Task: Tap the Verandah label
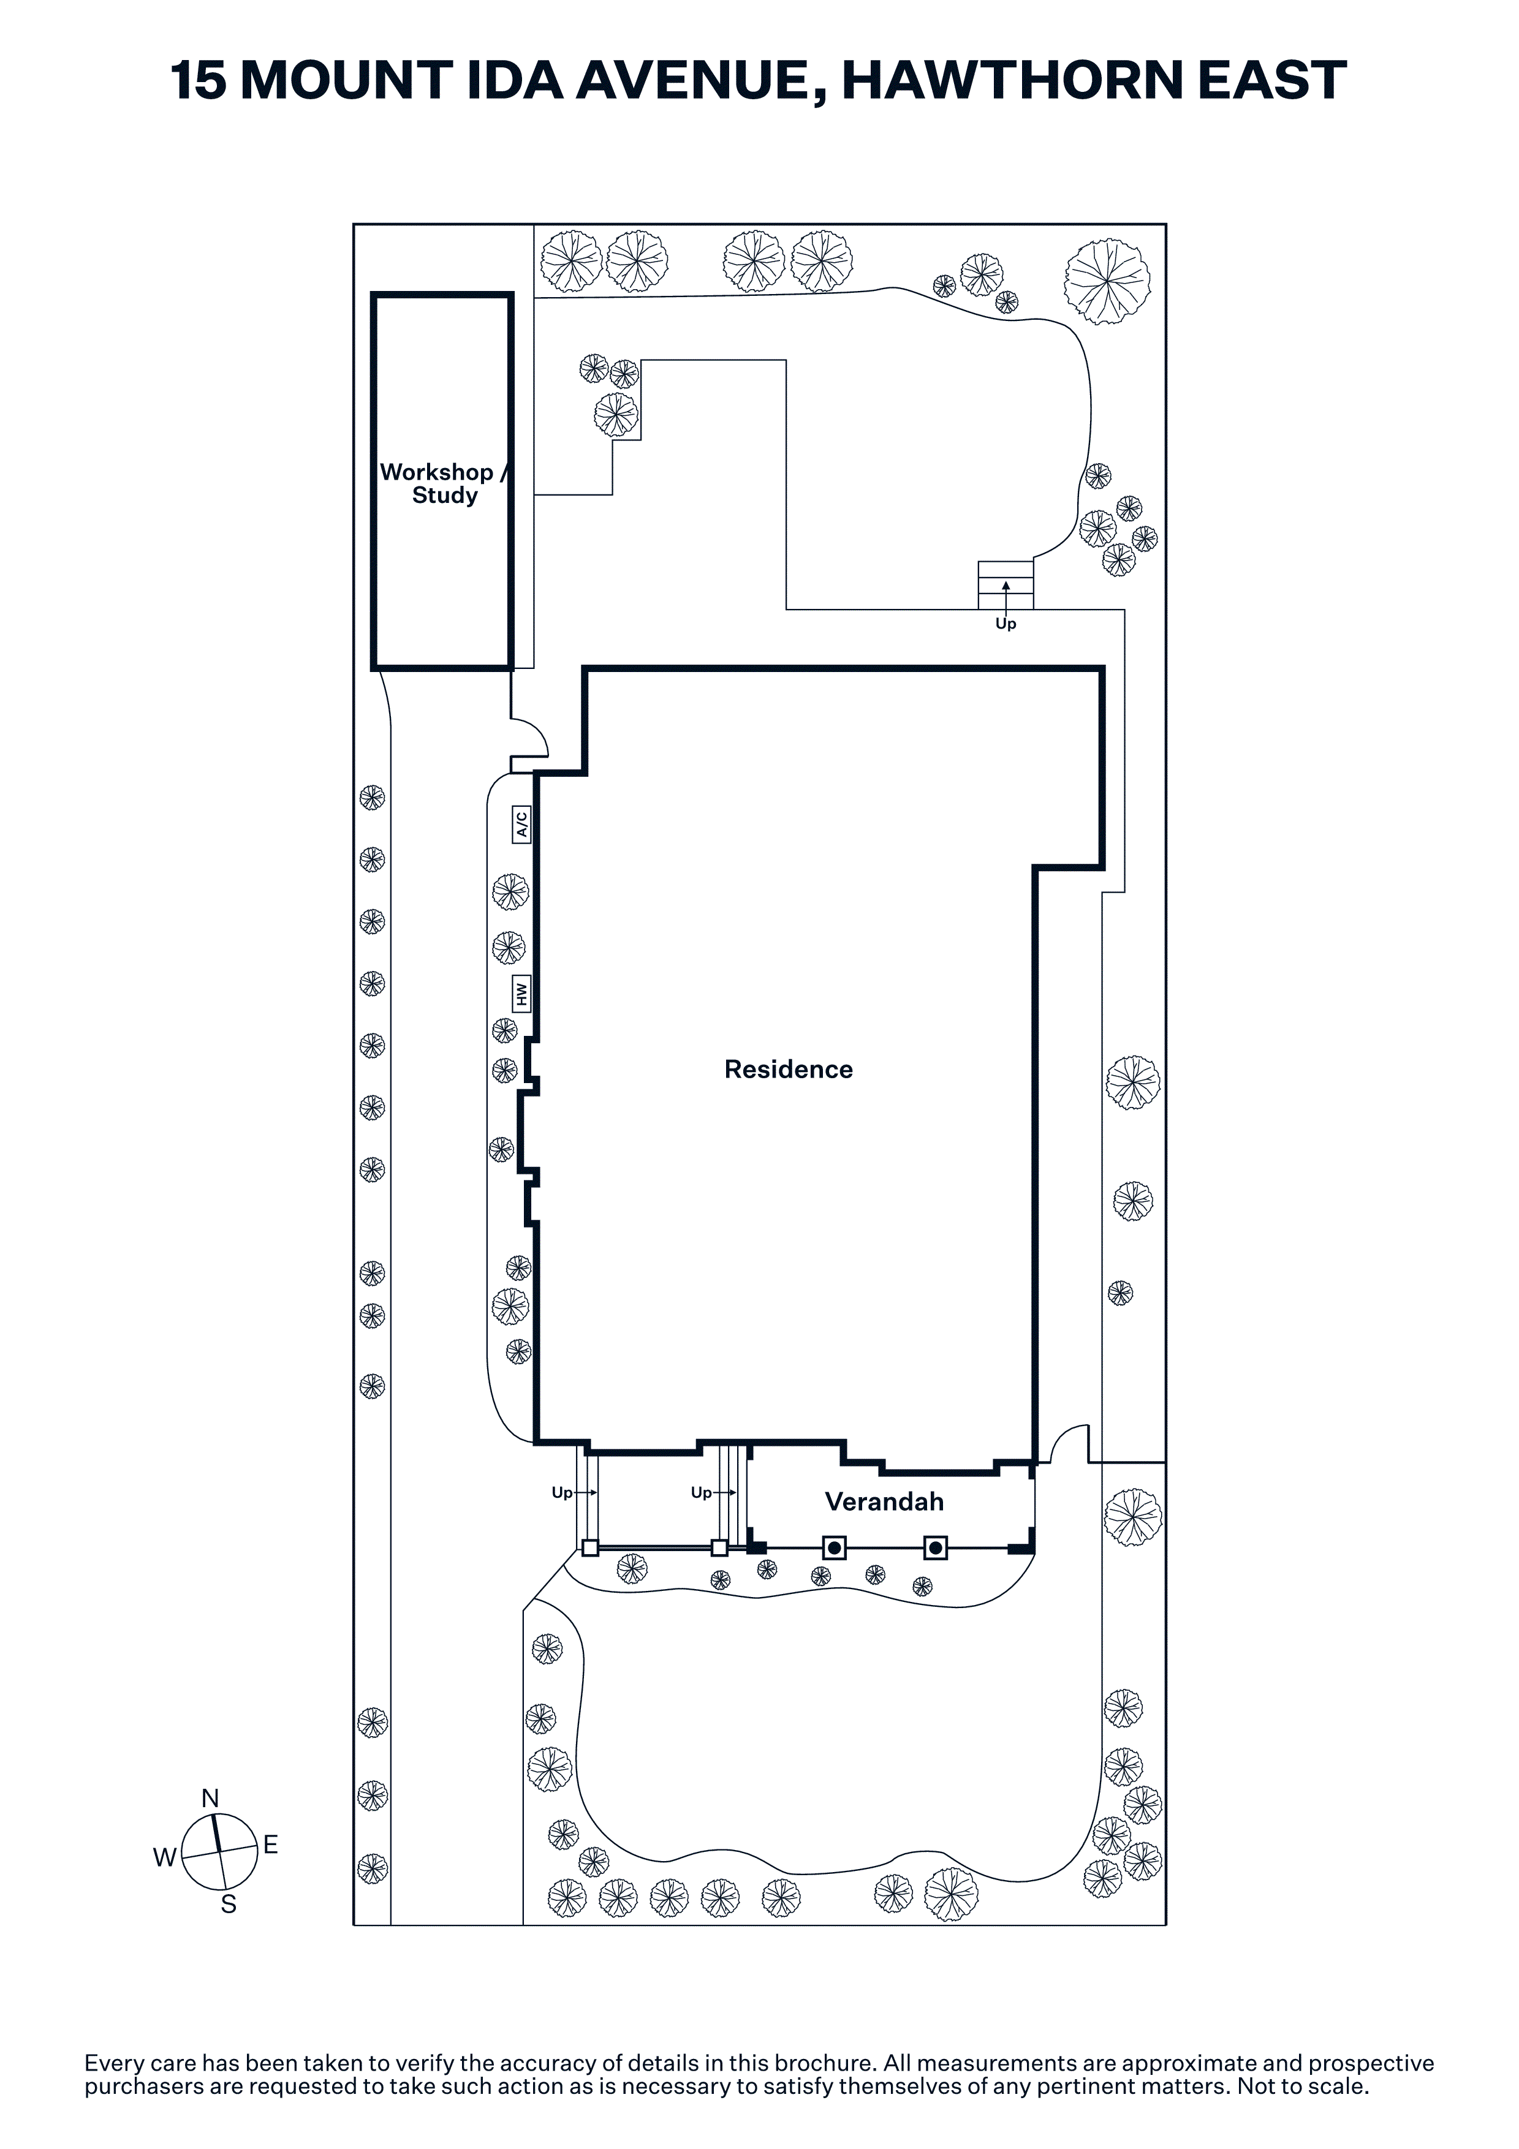[884, 1502]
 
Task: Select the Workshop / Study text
[444, 484]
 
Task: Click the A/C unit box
[521, 825]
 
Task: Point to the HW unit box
[521, 993]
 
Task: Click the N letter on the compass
[211, 1798]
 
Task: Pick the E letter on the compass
[270, 1845]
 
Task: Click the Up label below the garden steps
[1005, 624]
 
